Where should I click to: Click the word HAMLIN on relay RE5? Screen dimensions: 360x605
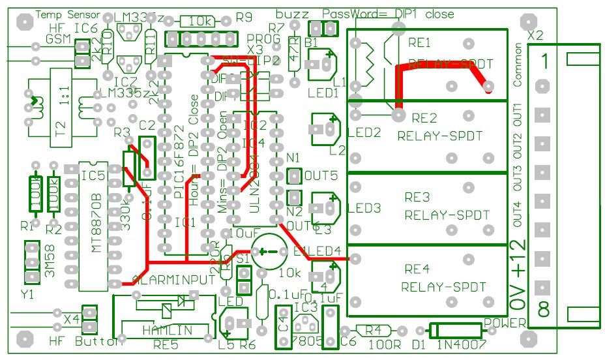tap(168, 330)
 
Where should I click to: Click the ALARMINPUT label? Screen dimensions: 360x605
tap(173, 279)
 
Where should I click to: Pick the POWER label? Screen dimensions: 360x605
tap(505, 322)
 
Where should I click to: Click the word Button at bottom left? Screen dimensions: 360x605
tap(98, 342)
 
